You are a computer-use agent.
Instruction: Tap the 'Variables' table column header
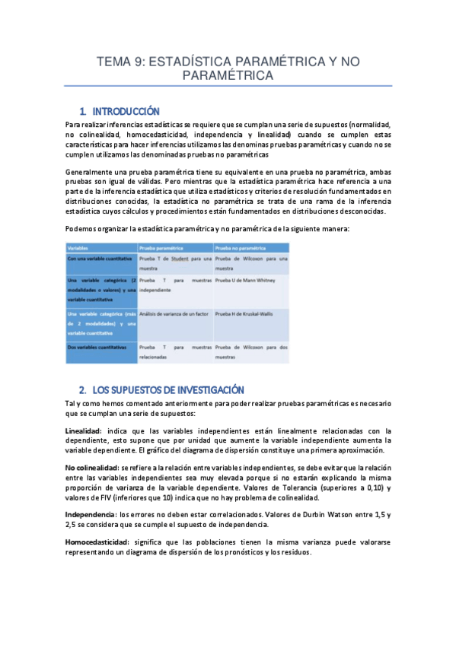click(76, 248)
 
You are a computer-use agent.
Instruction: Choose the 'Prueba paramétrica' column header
click(161, 248)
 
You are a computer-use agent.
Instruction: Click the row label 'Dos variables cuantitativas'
click(93, 347)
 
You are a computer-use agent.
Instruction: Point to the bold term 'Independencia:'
click(91, 514)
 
